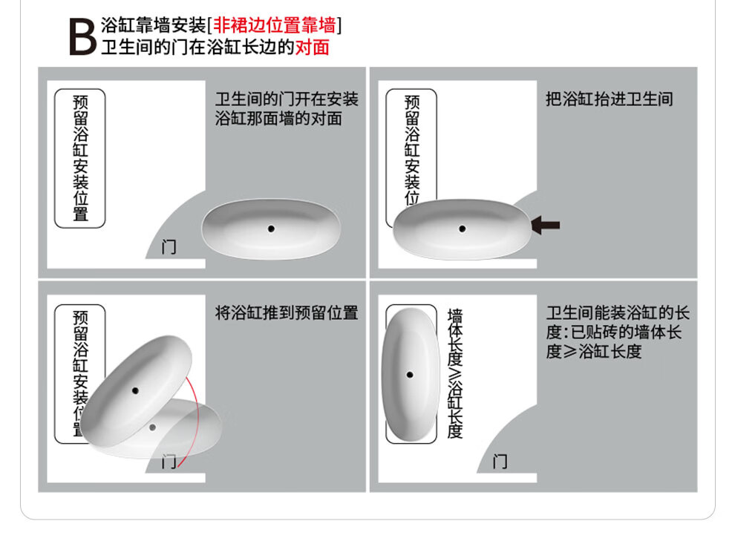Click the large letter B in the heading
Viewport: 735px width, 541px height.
click(83, 37)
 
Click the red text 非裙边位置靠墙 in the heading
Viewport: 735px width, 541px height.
click(275, 25)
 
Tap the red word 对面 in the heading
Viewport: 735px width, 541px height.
click(312, 47)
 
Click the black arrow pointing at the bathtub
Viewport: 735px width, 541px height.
click(545, 226)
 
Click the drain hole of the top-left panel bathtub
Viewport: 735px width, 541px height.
click(271, 229)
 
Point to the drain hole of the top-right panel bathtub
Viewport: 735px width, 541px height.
click(463, 229)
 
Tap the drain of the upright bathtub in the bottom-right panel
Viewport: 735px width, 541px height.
click(410, 375)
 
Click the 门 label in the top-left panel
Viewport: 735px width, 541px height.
click(169, 247)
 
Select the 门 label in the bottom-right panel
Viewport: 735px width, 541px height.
click(500, 462)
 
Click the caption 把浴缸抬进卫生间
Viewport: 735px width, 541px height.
click(610, 99)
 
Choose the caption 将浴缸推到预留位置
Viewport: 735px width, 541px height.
click(287, 312)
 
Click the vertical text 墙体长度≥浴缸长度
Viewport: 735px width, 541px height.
click(454, 373)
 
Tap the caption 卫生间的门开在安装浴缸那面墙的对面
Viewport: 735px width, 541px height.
click(287, 108)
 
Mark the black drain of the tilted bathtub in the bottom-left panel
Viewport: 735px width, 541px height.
click(135, 390)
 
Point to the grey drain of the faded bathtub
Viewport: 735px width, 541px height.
click(152, 427)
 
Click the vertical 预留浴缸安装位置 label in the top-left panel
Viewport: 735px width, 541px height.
click(80, 158)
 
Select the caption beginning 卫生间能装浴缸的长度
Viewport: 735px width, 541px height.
click(618, 332)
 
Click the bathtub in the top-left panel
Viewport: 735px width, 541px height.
click(271, 229)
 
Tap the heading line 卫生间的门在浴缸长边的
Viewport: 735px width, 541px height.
click(197, 47)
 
